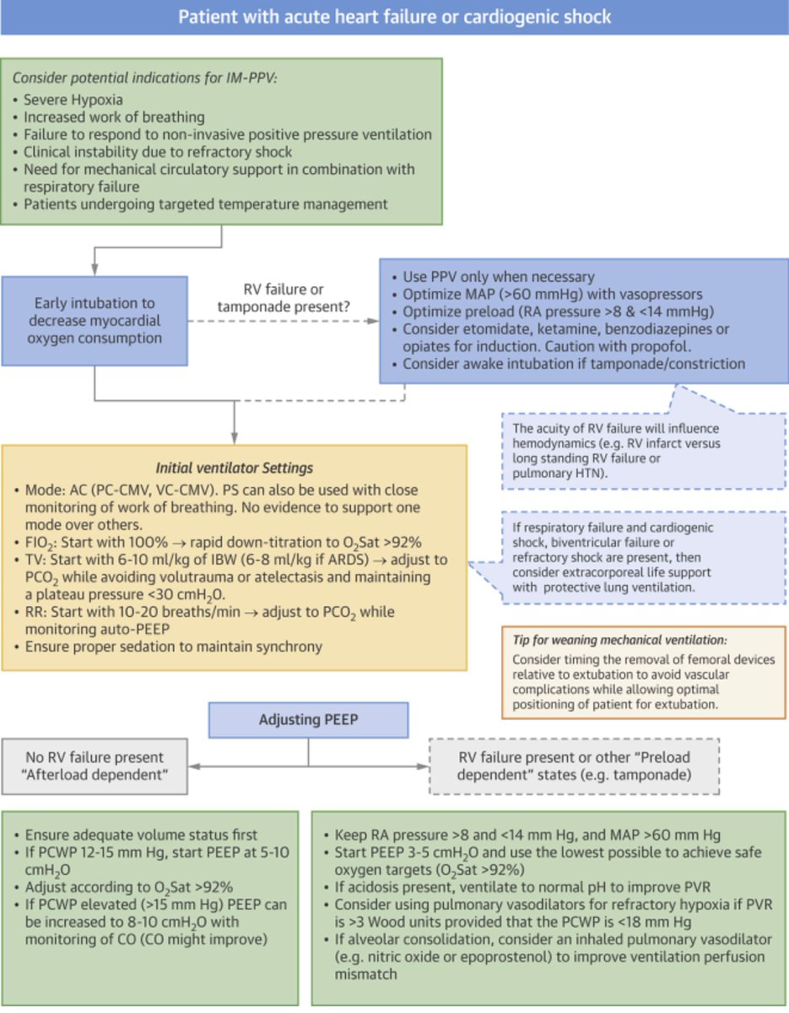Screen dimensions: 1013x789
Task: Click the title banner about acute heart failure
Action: [x=394, y=17]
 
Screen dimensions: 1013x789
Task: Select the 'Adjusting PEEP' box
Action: [x=308, y=721]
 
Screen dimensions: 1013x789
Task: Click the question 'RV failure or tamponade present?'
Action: [x=283, y=297]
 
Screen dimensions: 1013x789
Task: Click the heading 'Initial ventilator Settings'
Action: [x=235, y=467]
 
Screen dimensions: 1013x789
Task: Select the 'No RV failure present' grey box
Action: [x=94, y=766]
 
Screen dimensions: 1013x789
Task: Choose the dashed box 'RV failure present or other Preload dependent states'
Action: [x=575, y=766]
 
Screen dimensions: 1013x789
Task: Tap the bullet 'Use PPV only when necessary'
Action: [x=498, y=277]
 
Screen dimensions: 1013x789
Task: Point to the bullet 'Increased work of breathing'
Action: [x=114, y=117]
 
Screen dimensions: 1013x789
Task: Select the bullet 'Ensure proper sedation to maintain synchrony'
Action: [x=173, y=647]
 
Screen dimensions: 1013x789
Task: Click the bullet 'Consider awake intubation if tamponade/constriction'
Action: [x=574, y=364]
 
